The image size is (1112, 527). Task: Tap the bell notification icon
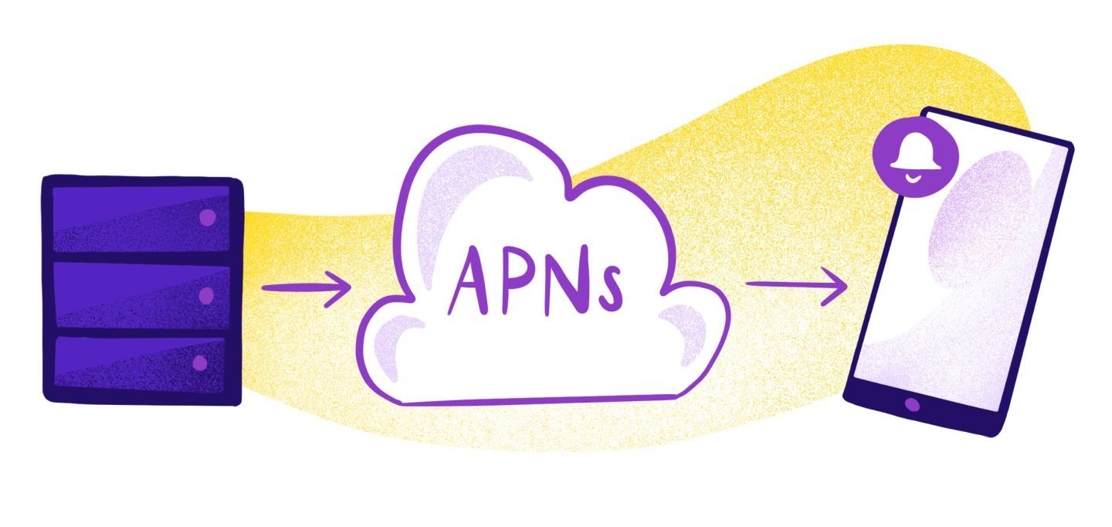915,158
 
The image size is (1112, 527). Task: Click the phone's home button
912,404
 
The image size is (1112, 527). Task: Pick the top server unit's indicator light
207,218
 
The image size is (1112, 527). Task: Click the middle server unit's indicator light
205,295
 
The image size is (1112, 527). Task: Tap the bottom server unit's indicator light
200,362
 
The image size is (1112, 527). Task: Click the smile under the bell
914,177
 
